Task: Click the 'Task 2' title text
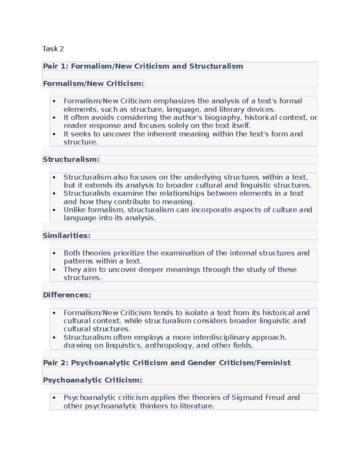53,49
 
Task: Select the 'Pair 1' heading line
143,66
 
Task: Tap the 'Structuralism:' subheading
71,159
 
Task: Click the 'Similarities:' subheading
66,236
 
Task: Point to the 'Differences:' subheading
67,295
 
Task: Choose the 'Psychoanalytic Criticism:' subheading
92,380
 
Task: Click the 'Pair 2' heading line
166,363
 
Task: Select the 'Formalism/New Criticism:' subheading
93,83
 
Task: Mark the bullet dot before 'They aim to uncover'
54,270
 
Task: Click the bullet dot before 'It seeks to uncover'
54,134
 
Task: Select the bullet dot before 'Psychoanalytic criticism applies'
54,398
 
